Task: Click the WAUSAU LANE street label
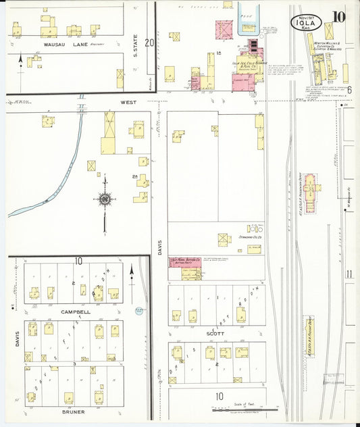(x=49, y=45)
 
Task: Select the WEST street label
(x=129, y=102)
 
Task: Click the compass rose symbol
(x=105, y=199)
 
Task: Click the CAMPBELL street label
(x=75, y=311)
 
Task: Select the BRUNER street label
(x=74, y=411)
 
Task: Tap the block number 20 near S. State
(x=149, y=43)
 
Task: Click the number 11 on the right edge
(x=349, y=274)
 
